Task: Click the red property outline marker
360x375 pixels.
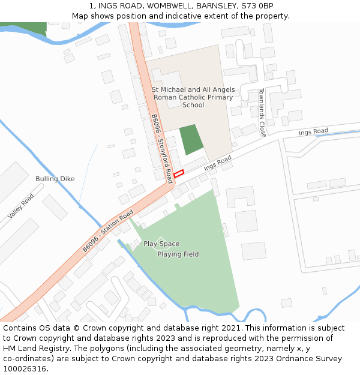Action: coord(179,173)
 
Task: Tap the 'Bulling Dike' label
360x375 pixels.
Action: coord(55,179)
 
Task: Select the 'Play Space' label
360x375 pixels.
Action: coord(161,244)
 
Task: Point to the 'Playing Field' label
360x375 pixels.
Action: coord(178,254)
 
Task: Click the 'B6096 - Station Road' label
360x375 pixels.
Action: coord(108,231)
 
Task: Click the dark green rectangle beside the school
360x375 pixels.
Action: coord(191,140)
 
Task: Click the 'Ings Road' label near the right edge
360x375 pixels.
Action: coord(313,131)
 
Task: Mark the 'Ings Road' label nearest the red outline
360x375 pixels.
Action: coord(217,163)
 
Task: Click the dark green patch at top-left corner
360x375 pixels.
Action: coord(23,27)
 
